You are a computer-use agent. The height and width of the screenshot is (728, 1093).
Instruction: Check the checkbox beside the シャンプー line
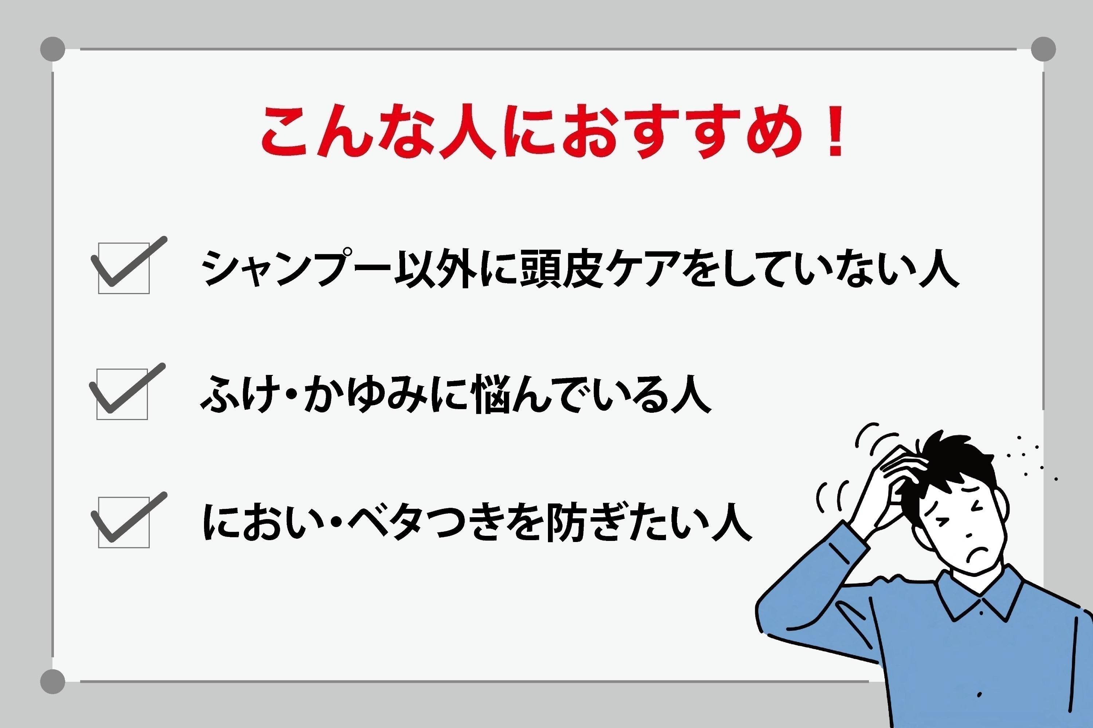click(124, 268)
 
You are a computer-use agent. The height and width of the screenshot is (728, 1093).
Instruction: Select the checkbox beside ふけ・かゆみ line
click(122, 394)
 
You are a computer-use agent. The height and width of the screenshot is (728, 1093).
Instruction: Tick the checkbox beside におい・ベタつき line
click(124, 522)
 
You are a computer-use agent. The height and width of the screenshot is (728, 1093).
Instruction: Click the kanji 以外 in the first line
click(436, 268)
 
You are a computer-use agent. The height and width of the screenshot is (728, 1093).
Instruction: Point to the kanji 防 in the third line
click(567, 522)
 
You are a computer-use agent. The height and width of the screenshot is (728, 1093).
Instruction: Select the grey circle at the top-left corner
click(52, 49)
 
